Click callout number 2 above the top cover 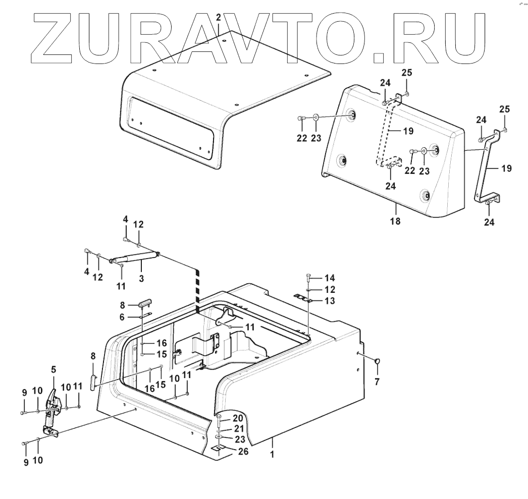point(218,18)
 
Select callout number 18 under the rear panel point(395,221)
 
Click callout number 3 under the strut point(141,278)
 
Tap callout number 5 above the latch point(54,369)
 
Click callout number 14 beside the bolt point(329,278)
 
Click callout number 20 point(238,418)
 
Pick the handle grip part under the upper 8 point(146,304)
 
